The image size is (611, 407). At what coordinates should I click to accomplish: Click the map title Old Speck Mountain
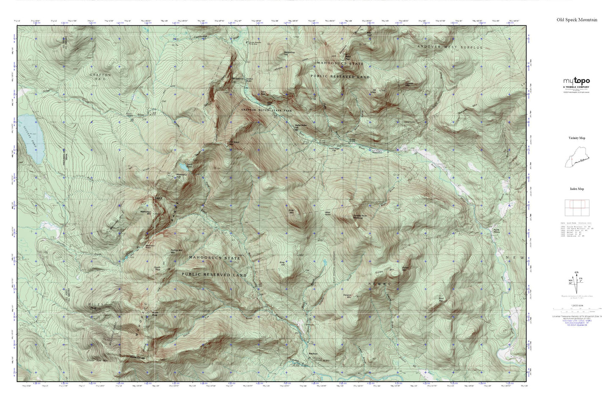[x=577, y=19]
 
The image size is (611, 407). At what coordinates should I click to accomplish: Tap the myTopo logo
[x=575, y=81]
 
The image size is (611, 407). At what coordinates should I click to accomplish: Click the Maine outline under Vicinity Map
[x=576, y=161]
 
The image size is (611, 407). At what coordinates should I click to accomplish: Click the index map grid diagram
[x=575, y=208]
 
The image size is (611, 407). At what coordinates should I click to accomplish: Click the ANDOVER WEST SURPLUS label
[x=449, y=47]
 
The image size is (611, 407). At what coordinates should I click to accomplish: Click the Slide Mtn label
[x=291, y=211]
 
